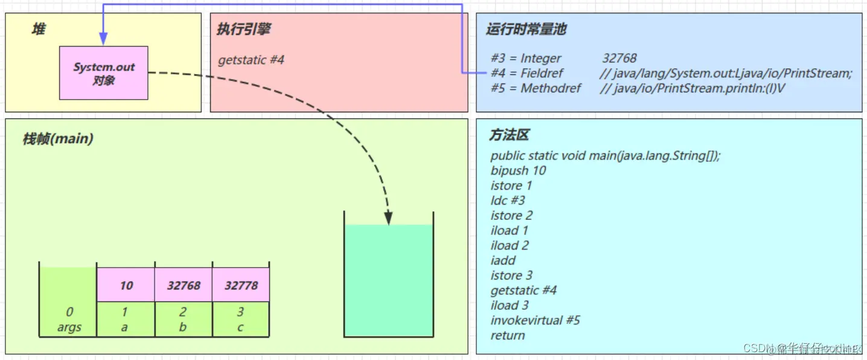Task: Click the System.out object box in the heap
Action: coord(103,72)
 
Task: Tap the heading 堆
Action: coord(39,29)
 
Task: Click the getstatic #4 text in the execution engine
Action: coord(251,60)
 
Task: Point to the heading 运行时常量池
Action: coord(526,29)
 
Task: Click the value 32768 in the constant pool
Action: coord(619,58)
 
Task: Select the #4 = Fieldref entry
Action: coord(526,73)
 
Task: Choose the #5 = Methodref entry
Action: coord(536,88)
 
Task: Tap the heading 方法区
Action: coord(509,135)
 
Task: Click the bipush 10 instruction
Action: coord(518,170)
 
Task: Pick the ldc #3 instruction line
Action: coord(508,200)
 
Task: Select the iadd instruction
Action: coord(503,260)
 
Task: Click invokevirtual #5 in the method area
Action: coord(535,320)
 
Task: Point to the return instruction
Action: coord(508,335)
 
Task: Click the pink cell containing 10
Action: coord(126,285)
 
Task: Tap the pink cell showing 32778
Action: coord(241,285)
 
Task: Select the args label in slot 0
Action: coord(69,327)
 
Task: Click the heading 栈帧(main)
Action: coord(57,139)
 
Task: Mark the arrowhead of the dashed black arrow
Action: coord(388,219)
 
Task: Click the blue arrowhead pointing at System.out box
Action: coord(103,40)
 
